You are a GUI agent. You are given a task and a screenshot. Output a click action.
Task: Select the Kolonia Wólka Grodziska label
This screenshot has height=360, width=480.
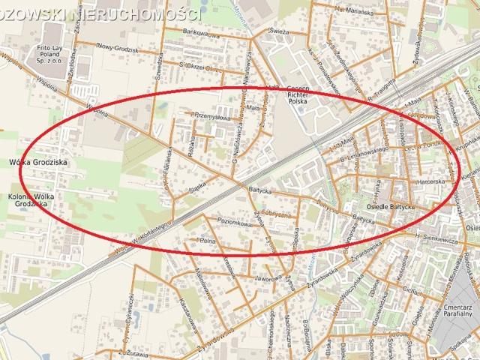(34, 199)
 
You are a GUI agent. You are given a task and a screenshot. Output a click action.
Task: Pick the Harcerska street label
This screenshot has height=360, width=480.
(433, 180)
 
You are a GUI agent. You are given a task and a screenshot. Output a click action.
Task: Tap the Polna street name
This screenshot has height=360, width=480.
(206, 241)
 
